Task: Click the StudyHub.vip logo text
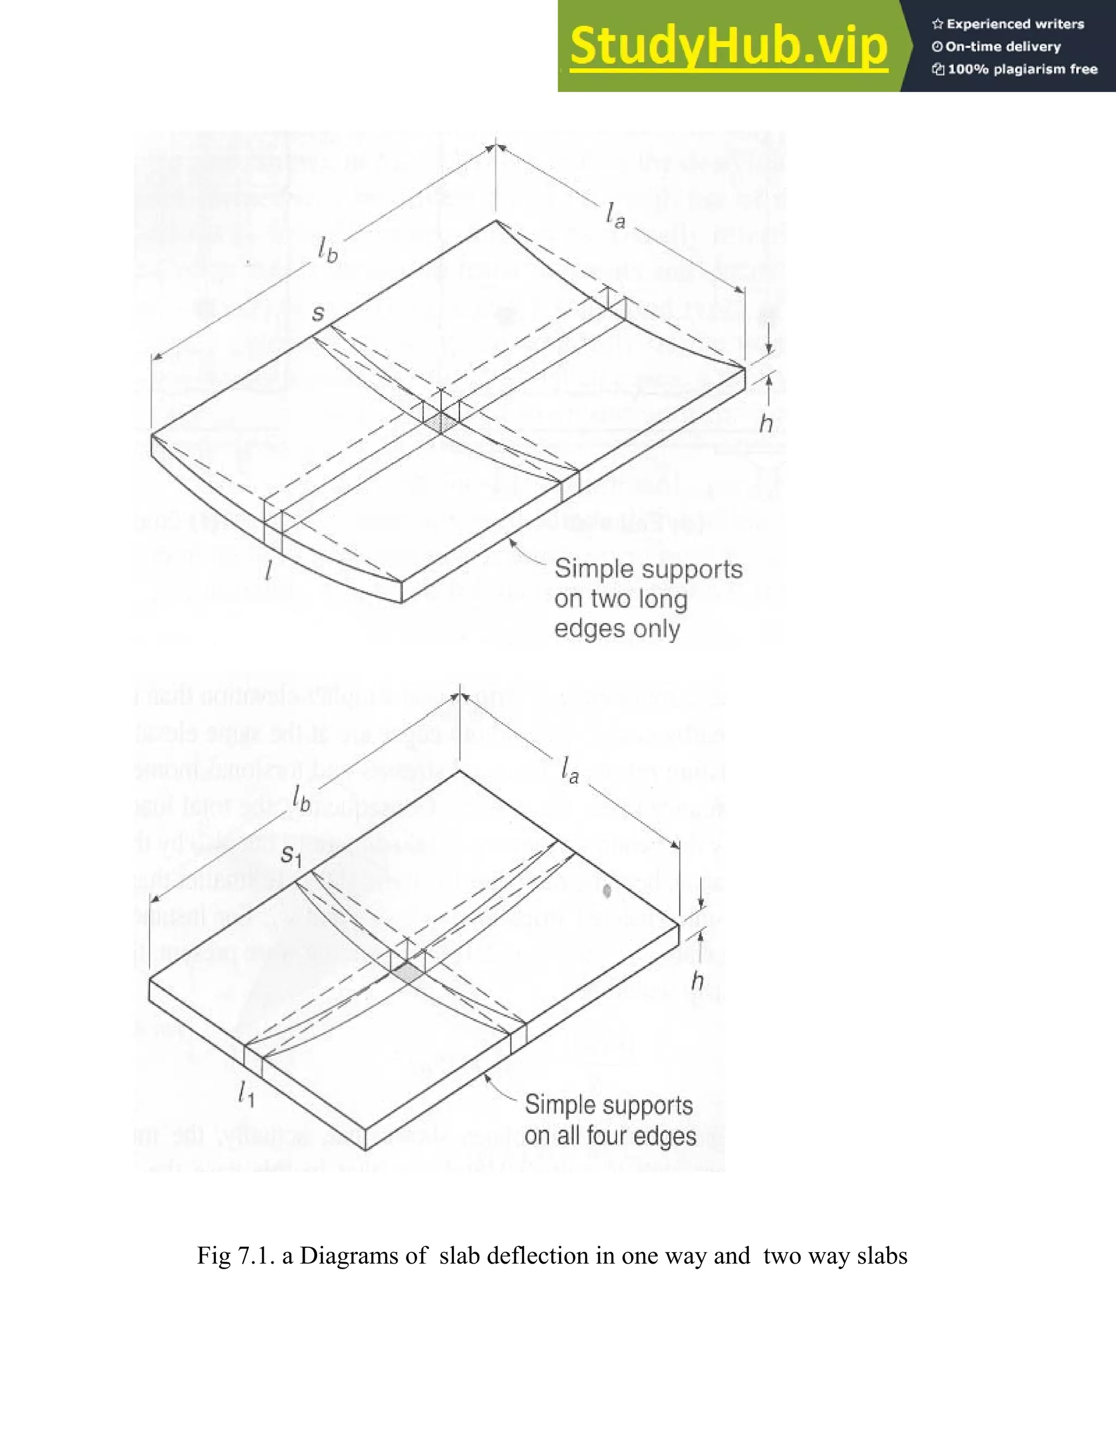pyautogui.click(x=728, y=46)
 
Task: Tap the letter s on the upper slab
pyautogui.click(x=318, y=312)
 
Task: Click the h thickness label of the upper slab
pyautogui.click(x=766, y=423)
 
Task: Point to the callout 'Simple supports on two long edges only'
pyautogui.click(x=648, y=598)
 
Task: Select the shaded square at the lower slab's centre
pyautogui.click(x=407, y=973)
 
